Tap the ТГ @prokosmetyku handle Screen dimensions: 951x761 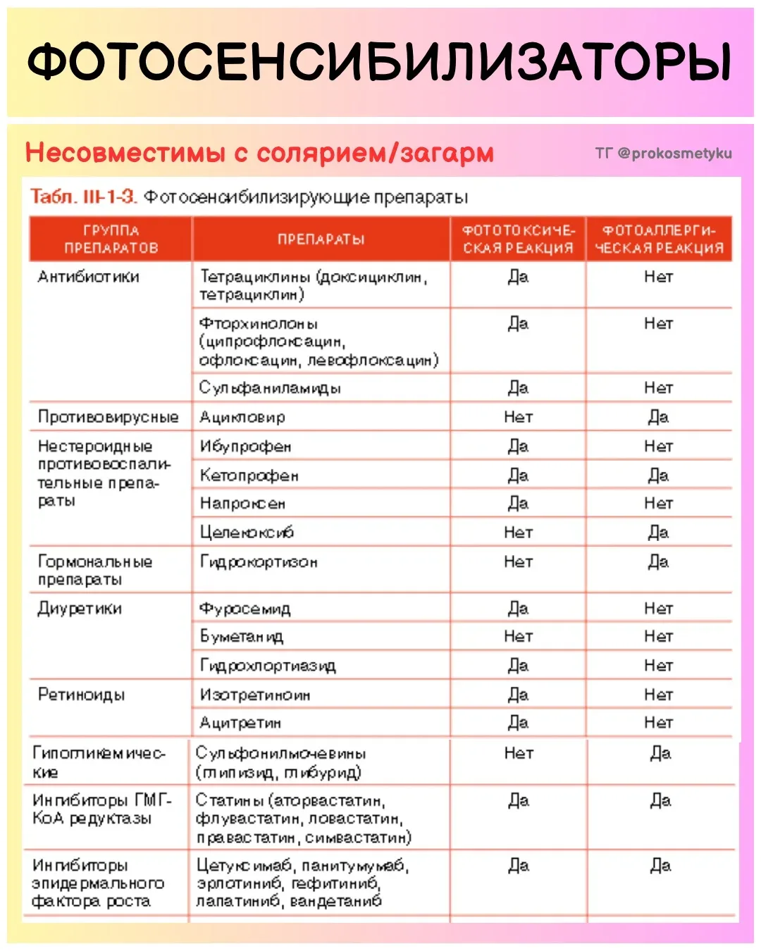point(663,153)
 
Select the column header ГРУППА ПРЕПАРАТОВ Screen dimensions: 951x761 point(111,239)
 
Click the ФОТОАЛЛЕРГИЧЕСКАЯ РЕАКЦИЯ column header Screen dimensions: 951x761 point(659,239)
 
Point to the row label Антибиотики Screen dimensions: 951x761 point(88,277)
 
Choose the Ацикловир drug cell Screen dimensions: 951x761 point(242,417)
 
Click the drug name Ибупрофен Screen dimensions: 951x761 point(245,446)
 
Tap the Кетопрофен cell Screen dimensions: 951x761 point(249,475)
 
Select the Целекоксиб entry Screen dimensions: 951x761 point(247,533)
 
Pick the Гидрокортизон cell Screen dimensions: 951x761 point(259,561)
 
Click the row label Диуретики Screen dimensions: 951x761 point(80,608)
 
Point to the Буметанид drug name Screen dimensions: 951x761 point(242,637)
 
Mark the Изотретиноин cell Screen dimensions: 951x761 point(254,695)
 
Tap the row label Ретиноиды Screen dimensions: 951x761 point(81,695)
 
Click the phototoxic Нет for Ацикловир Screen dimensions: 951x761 point(518,417)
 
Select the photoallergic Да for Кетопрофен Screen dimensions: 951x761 point(658,475)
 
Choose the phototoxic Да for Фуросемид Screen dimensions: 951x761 point(518,608)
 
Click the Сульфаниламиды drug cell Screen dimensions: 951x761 point(270,387)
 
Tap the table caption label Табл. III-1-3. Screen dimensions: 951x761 point(83,197)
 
